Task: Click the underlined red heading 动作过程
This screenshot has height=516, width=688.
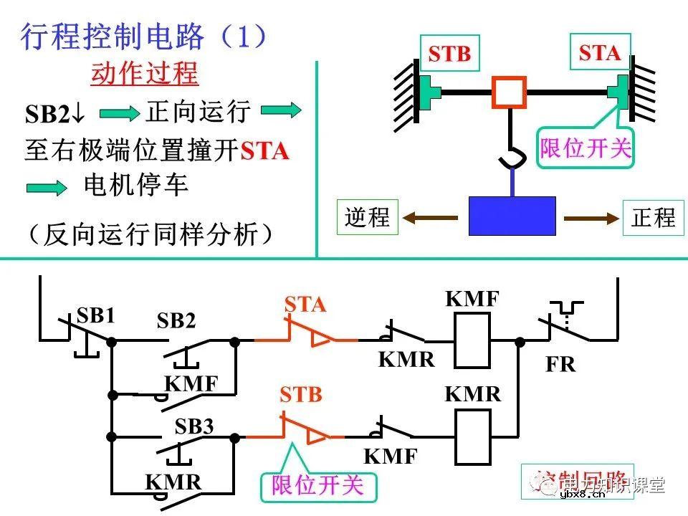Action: point(144,74)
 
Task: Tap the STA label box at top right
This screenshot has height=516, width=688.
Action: point(600,52)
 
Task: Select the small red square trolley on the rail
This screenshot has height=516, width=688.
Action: point(509,92)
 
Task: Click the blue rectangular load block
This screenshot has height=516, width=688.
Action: point(512,216)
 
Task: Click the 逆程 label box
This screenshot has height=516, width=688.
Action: point(367,216)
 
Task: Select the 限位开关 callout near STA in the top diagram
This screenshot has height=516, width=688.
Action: point(586,148)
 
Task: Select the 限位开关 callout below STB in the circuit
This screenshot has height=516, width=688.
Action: point(317,485)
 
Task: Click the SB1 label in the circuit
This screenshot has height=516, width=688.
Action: point(95,316)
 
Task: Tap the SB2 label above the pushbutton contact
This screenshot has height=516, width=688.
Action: point(176,322)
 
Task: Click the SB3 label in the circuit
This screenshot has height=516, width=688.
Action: point(194,427)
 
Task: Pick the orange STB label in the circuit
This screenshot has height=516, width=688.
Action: point(301,395)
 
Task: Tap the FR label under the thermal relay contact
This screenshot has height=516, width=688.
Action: point(560,364)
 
